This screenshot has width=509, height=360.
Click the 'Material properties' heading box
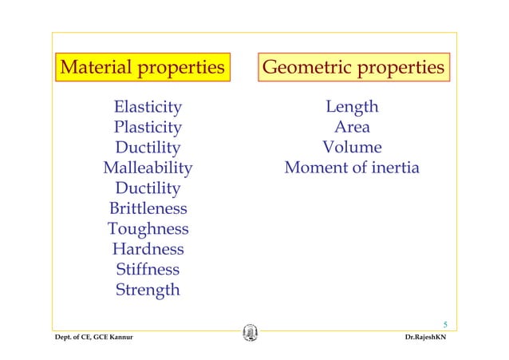click(143, 67)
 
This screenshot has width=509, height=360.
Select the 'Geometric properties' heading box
click(353, 67)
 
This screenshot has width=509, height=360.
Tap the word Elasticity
click(148, 107)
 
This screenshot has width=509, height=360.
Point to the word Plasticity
click(148, 127)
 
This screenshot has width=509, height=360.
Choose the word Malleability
click(148, 168)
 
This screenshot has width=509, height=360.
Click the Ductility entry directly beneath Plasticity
click(148, 148)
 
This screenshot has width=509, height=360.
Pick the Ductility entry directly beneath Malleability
click(148, 189)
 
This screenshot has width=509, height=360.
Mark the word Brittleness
click(148, 209)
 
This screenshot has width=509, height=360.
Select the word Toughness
click(148, 230)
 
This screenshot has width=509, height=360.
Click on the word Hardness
click(148, 250)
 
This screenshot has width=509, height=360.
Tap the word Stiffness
click(148, 270)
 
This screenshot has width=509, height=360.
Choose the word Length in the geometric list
click(352, 107)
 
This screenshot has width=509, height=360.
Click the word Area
click(352, 127)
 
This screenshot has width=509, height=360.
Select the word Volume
click(352, 148)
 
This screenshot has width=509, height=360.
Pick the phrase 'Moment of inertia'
click(352, 168)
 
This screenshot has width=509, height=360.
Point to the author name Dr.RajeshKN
click(431, 339)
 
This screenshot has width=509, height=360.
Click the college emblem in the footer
click(250, 334)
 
